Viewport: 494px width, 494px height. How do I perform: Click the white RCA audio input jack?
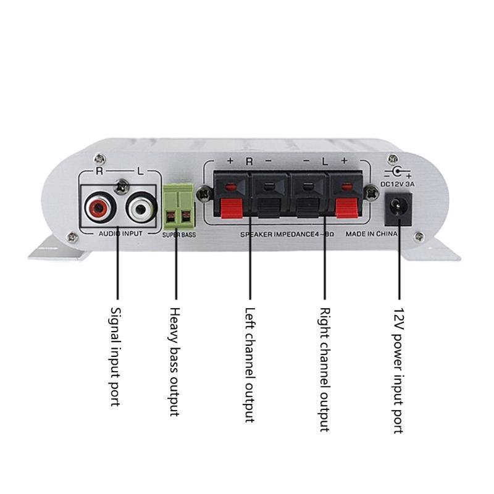tap(141, 208)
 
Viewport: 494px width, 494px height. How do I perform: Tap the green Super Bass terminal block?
tap(178, 206)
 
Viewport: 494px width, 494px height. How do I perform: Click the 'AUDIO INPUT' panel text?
tap(120, 234)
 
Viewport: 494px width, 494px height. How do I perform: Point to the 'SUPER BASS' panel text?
tap(179, 235)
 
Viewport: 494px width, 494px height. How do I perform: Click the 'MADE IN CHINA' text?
tap(372, 234)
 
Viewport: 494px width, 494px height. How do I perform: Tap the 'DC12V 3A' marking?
tap(398, 184)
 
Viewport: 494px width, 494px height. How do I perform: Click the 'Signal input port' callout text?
tap(115, 357)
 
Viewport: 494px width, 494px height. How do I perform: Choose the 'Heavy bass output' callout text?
tap(174, 362)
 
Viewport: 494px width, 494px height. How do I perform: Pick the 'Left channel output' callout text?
tap(249, 365)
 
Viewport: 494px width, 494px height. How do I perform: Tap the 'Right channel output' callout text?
tap(325, 369)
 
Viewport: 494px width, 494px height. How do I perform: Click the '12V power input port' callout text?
tap(399, 371)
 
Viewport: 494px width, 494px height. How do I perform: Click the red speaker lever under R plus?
tap(232, 208)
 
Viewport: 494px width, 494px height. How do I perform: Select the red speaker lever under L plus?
tap(346, 208)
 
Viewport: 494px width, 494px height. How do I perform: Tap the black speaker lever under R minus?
tap(269, 208)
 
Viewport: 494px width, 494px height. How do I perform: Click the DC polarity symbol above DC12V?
tap(398, 173)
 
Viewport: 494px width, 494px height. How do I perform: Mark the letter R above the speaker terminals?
tap(249, 161)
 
